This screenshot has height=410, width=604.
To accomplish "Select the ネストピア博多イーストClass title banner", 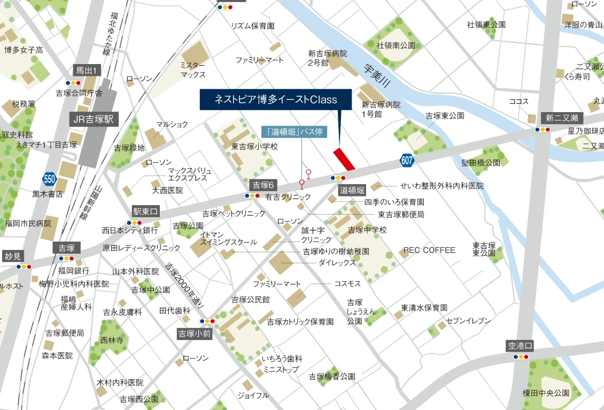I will [275, 99].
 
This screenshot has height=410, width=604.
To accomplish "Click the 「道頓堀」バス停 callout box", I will [294, 132].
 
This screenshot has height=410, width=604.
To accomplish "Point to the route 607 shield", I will [406, 159].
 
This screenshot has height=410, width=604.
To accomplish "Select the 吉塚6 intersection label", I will [263, 185].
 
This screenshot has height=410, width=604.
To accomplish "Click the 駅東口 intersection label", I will [146, 211].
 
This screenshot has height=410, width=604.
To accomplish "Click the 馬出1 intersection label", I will [86, 70].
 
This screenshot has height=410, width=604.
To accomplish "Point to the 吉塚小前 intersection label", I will [195, 334].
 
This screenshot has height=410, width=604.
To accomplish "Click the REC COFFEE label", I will [429, 250].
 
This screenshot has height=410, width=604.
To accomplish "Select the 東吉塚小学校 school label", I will [254, 146].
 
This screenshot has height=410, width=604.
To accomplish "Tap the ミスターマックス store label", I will [193, 69].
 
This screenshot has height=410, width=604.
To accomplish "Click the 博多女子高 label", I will [24, 50].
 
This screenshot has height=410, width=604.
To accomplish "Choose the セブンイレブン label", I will [468, 321].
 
